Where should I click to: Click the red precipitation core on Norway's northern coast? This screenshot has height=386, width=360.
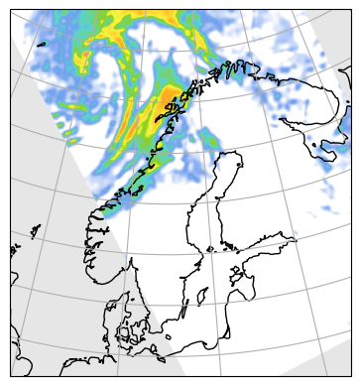pos(171,100)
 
